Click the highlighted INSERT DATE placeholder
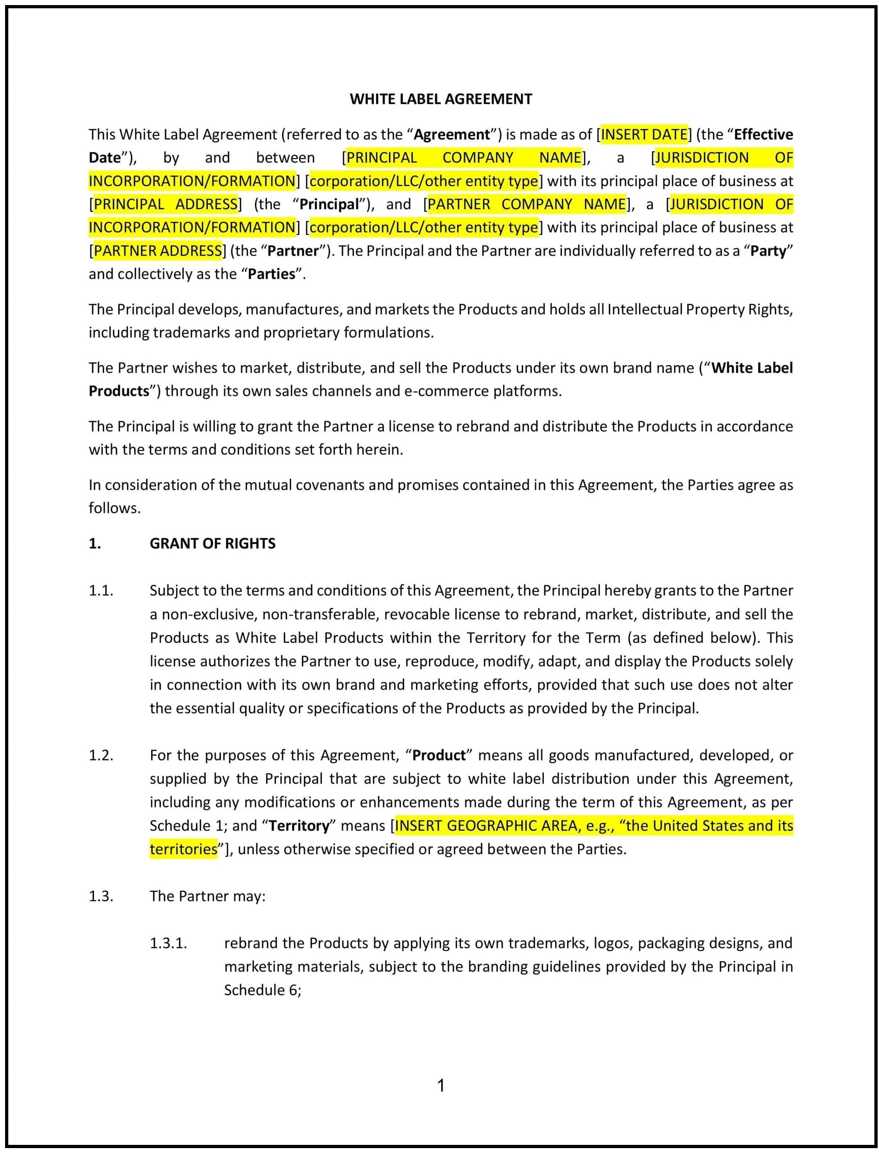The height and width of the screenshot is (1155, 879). tap(643, 135)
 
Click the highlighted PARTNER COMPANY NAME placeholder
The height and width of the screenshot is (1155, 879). tap(526, 204)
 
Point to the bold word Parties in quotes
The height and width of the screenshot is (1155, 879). tap(271, 274)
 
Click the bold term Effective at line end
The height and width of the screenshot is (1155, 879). tap(763, 135)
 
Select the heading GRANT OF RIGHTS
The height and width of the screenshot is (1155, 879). tap(212, 543)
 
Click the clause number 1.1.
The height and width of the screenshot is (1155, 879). tap(100, 590)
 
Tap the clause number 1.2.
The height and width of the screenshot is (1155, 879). tap(100, 755)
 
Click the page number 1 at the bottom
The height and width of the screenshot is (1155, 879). tap(441, 1086)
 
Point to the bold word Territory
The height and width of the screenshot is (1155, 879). tap(299, 826)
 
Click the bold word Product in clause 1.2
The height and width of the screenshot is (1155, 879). tap(438, 755)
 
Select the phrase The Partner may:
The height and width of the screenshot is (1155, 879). tap(207, 896)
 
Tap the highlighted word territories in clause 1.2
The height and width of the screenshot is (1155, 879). tap(183, 849)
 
